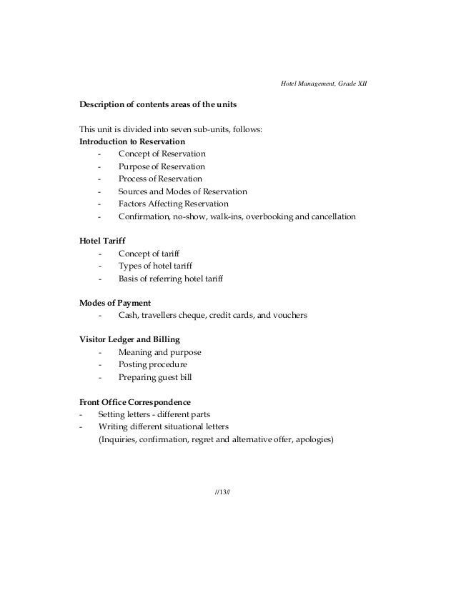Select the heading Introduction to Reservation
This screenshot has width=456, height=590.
(x=132, y=141)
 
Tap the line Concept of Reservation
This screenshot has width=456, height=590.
(x=162, y=154)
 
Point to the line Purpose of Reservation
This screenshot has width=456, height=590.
(x=162, y=166)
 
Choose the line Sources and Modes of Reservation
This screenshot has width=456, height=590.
(x=183, y=191)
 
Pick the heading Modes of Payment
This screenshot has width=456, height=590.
(x=115, y=303)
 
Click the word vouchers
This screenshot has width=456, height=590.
(x=289, y=315)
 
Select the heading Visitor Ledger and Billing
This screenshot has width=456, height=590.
(x=129, y=339)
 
